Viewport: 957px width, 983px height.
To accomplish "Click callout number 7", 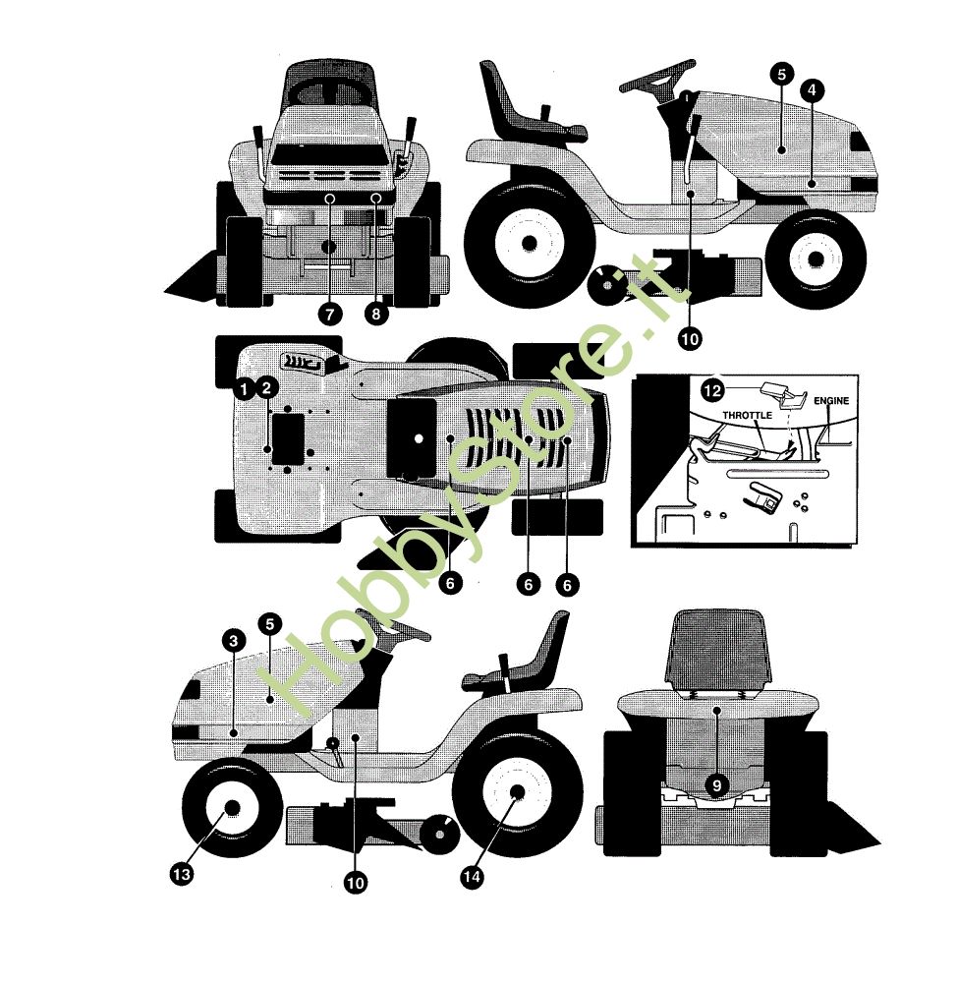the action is [330, 315].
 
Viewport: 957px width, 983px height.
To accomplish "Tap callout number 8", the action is [376, 315].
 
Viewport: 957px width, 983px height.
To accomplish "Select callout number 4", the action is [812, 90].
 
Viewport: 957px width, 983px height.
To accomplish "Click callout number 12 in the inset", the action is [712, 391].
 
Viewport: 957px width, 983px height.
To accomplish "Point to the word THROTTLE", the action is [747, 415].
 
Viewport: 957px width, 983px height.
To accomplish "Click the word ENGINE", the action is [831, 401].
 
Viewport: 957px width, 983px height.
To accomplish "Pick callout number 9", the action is [717, 784].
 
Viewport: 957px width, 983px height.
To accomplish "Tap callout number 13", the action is [182, 874].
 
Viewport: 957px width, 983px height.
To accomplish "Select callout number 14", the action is [472, 877].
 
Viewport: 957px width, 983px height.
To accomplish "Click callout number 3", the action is [234, 641].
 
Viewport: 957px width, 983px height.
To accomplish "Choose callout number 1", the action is [244, 389].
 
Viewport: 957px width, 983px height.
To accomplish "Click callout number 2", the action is [266, 388].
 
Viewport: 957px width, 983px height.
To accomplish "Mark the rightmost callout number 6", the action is [567, 585].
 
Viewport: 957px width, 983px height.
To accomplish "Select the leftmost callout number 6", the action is [450, 584].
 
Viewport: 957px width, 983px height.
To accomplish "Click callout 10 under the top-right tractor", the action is [690, 339].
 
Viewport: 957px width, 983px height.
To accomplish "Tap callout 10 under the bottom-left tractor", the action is [355, 884].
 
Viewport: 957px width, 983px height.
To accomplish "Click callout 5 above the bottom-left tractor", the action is [270, 624].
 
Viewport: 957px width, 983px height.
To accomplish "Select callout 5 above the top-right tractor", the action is [781, 75].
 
